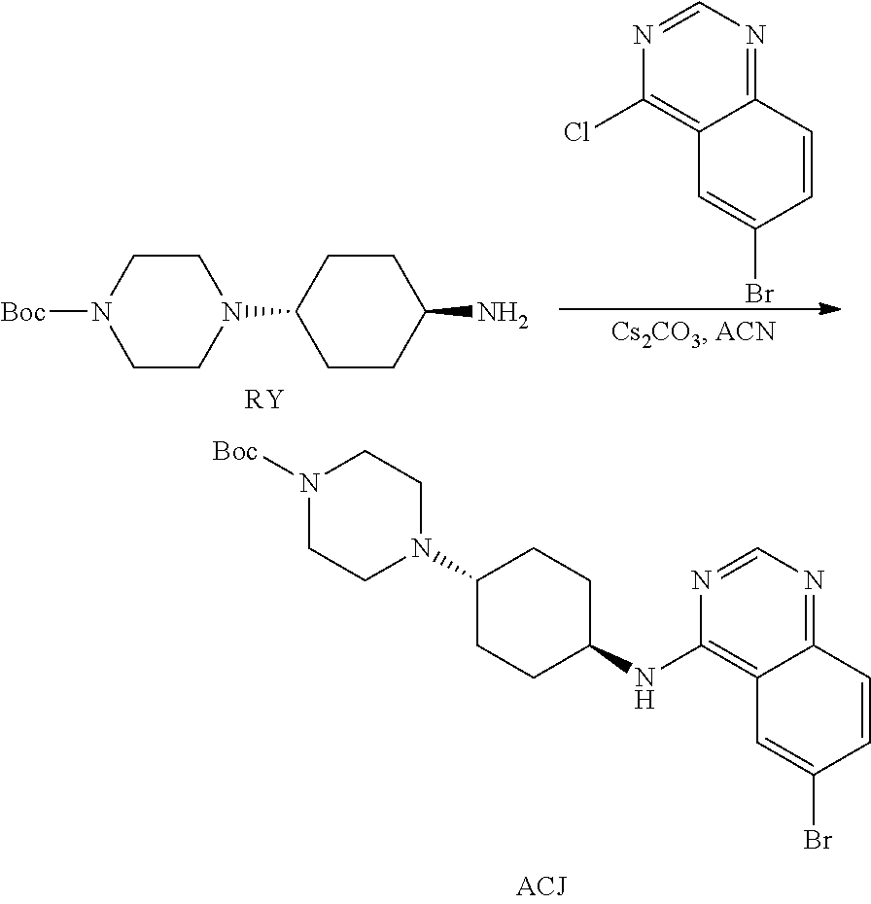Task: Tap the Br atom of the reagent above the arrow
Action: (759, 293)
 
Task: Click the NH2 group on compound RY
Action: (501, 314)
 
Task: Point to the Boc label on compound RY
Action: (22, 313)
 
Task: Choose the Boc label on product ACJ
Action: (235, 451)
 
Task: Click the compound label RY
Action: (262, 400)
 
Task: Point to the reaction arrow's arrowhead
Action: (829, 309)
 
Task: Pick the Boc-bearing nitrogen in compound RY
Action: (98, 313)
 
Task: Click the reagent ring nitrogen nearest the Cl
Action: (641, 37)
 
